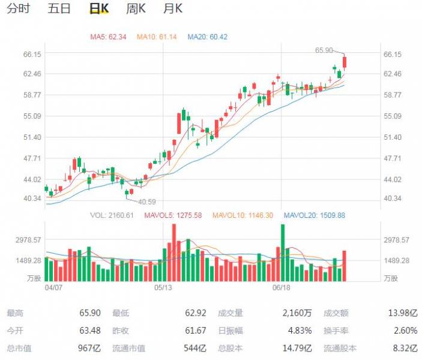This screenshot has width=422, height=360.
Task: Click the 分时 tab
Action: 18,8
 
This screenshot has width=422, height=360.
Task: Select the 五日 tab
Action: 59,8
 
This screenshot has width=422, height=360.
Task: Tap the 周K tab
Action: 136,8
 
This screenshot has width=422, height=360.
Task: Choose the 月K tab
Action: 173,8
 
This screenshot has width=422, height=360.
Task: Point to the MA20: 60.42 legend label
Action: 208,37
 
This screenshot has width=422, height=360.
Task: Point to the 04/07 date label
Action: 54,287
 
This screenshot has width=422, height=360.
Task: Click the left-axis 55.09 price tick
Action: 31,116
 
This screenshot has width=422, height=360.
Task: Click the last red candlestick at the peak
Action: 345,62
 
